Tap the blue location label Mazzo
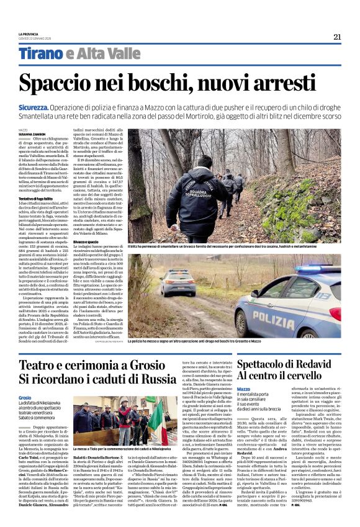pyautogui.click(x=243, y=389)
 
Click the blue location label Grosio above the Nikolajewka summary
pyautogui.click(x=25, y=397)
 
